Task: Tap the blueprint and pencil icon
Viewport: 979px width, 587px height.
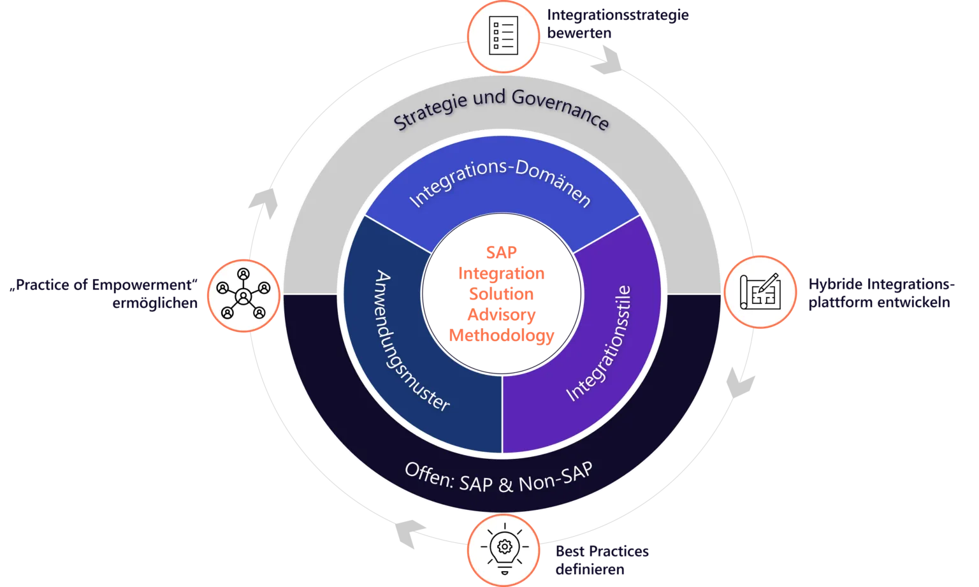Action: tap(759, 292)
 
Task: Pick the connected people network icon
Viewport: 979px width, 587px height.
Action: tap(243, 295)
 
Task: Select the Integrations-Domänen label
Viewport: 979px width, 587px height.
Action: tap(500, 184)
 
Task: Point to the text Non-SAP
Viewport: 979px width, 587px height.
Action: tap(555, 478)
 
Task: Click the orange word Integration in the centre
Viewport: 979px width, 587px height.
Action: tap(502, 273)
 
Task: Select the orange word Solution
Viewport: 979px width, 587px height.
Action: tap(502, 294)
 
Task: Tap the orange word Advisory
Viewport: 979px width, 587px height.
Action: tap(502, 315)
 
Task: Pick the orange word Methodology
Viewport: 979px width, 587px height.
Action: tap(502, 335)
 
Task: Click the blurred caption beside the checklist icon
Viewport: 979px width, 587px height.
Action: tap(618, 23)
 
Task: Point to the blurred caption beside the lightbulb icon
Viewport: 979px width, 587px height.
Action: tap(602, 561)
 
